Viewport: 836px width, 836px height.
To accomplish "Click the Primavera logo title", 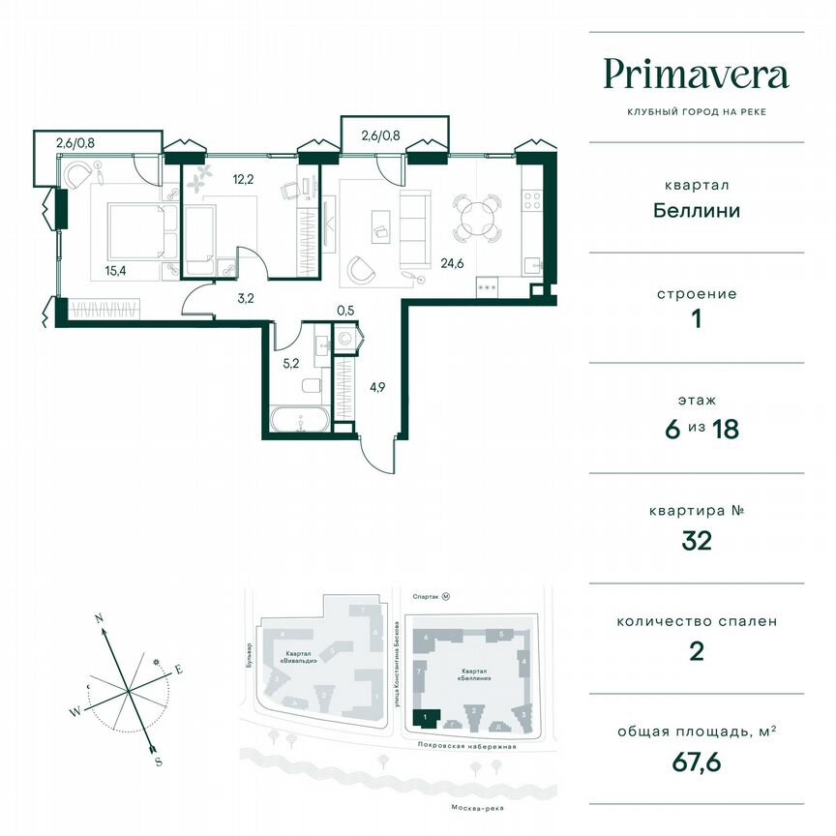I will pos(696,75).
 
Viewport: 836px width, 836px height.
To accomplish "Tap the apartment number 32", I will pos(696,541).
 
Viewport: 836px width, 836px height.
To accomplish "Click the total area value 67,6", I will pos(696,764).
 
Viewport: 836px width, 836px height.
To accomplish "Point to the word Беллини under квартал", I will pos(696,210).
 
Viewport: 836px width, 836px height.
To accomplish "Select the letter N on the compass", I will pos(99,617).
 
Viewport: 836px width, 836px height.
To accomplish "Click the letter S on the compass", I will pos(157,762).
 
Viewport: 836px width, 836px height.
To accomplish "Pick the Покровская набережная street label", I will pos(463,747).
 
